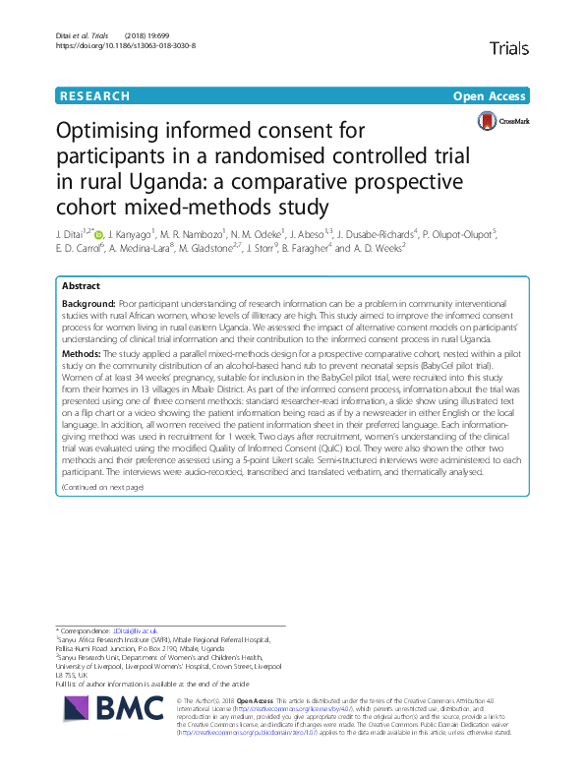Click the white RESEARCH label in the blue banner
pos(94,96)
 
